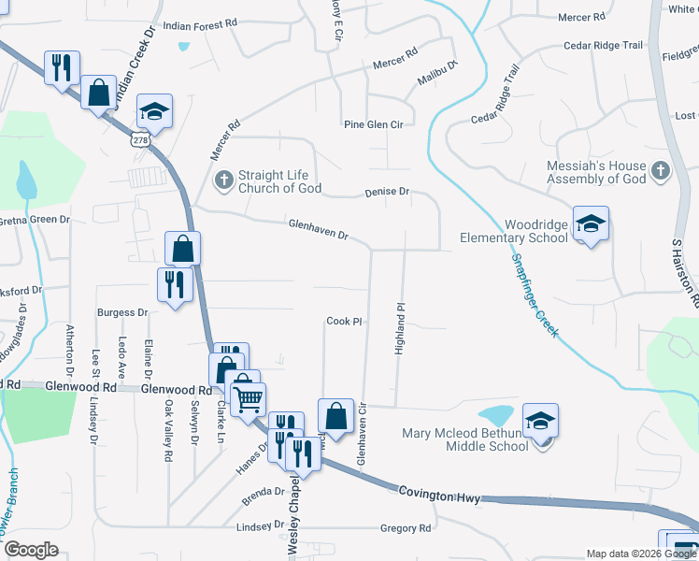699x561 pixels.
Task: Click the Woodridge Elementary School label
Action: point(513,230)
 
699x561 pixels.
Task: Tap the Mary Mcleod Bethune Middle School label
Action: point(465,439)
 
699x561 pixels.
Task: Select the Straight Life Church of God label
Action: point(279,181)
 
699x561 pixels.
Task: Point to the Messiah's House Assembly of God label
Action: point(596,172)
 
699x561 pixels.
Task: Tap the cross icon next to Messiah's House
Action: point(661,171)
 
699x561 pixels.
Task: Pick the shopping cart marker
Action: point(248,399)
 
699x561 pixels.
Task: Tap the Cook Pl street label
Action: point(344,321)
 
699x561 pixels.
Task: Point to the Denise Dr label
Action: point(386,192)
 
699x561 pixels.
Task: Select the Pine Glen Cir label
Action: point(373,124)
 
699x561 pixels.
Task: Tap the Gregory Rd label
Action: point(406,528)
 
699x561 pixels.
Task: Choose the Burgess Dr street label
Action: point(122,312)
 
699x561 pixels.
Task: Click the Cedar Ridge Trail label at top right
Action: point(605,45)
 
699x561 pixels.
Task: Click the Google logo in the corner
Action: point(31,549)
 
